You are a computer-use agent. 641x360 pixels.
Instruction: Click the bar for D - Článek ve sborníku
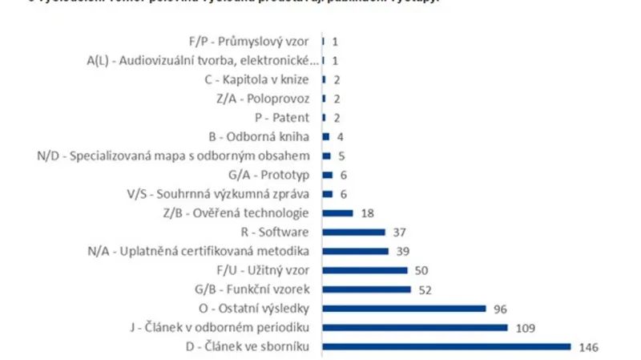pos(446,346)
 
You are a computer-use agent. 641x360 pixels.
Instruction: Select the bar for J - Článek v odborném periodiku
pos(415,327)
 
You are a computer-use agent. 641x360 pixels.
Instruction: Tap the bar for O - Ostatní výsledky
pos(404,308)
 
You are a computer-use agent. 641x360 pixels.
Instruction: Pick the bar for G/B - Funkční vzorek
pos(366,289)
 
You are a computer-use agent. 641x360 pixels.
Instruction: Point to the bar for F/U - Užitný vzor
pos(365,270)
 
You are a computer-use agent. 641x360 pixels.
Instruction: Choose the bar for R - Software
pos(353,232)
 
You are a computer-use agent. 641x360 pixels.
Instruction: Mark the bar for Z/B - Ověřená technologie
pos(337,212)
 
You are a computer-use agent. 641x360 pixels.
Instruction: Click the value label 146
pos(589,346)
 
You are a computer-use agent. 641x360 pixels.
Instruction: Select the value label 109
pos(526,327)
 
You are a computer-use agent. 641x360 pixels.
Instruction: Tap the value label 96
pos(501,308)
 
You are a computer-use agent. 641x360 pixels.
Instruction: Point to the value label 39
pos(403,251)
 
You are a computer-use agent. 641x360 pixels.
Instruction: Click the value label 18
pos(368,212)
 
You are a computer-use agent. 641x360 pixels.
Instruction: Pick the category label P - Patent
pos(287,117)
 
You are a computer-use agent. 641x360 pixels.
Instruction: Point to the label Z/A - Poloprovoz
pos(266,98)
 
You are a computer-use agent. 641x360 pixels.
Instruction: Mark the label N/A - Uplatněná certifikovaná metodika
pos(203,251)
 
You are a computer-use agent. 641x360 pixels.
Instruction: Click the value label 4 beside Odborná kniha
pos(341,136)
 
